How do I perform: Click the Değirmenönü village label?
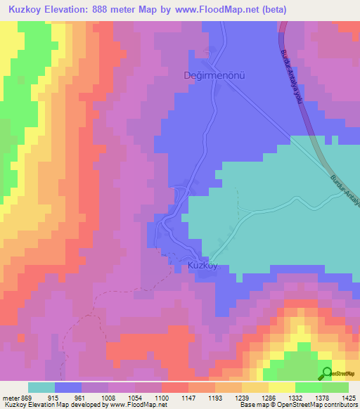(218, 76)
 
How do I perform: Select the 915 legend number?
(62, 398)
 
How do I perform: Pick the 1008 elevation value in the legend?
(127, 398)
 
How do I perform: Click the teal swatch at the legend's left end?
(41, 387)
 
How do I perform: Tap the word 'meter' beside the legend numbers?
(11, 398)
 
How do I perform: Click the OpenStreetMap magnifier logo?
(326, 373)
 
